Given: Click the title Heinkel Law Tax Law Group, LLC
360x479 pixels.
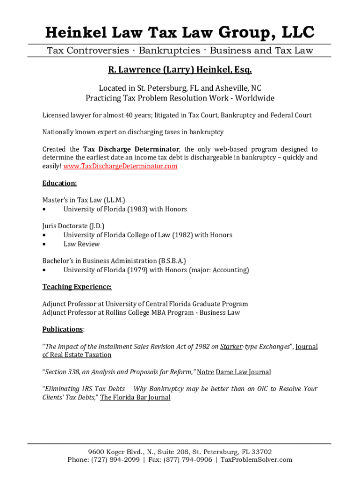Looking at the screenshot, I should click(x=180, y=33).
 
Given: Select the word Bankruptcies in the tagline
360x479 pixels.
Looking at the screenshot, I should click(x=169, y=51).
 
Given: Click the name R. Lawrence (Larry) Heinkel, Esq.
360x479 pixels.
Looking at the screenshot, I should click(x=180, y=70).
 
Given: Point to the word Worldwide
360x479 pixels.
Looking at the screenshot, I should click(x=254, y=98).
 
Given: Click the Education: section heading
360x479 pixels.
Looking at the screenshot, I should click(x=59, y=183).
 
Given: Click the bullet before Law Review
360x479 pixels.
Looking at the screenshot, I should click(x=44, y=244).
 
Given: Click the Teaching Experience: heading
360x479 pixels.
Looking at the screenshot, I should click(x=77, y=287).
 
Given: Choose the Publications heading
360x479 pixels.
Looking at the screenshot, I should click(x=63, y=329).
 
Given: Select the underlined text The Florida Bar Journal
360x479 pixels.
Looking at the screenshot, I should click(x=135, y=398).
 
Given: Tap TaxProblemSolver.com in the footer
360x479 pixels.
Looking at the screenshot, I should click(x=256, y=460).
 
